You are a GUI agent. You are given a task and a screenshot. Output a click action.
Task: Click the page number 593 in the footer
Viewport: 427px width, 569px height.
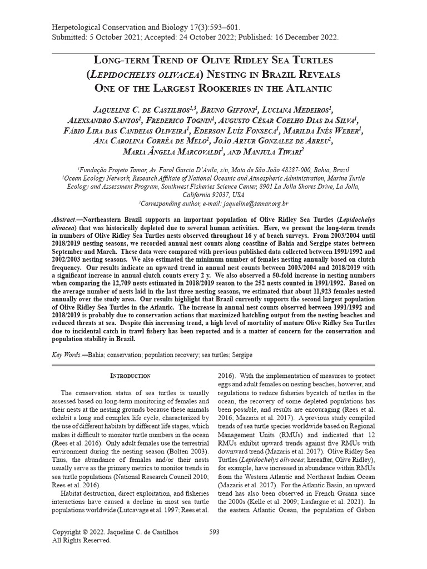coord(213,532)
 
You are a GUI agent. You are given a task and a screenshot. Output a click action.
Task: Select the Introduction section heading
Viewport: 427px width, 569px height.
coord(130,376)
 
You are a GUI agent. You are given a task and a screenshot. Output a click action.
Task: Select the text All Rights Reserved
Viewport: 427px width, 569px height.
coord(81,540)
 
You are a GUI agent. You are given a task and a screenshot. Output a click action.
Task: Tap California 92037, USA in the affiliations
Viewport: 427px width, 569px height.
coord(213,195)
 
